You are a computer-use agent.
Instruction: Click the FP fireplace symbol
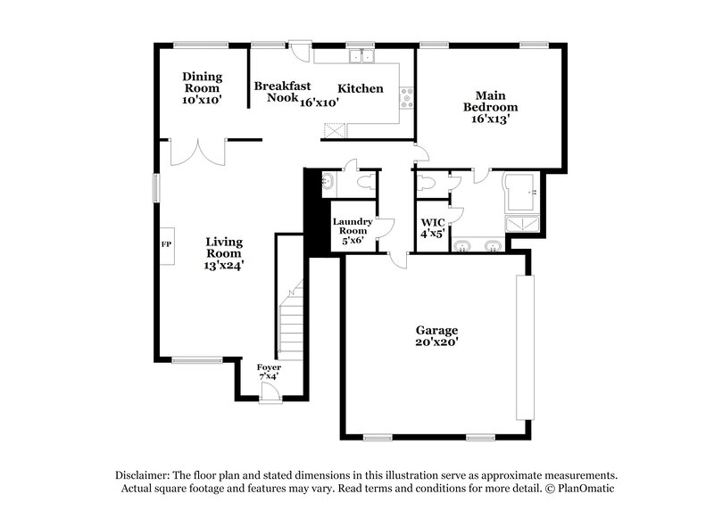click(166, 243)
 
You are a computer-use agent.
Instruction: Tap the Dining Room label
click(202, 82)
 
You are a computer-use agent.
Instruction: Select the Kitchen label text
click(360, 88)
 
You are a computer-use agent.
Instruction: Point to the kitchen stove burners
click(406, 97)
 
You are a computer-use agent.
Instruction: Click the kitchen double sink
click(362, 57)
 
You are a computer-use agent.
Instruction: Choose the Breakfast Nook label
click(282, 91)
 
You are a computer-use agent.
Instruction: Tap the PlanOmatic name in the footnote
click(587, 489)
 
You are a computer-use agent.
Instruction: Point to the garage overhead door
click(526, 348)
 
